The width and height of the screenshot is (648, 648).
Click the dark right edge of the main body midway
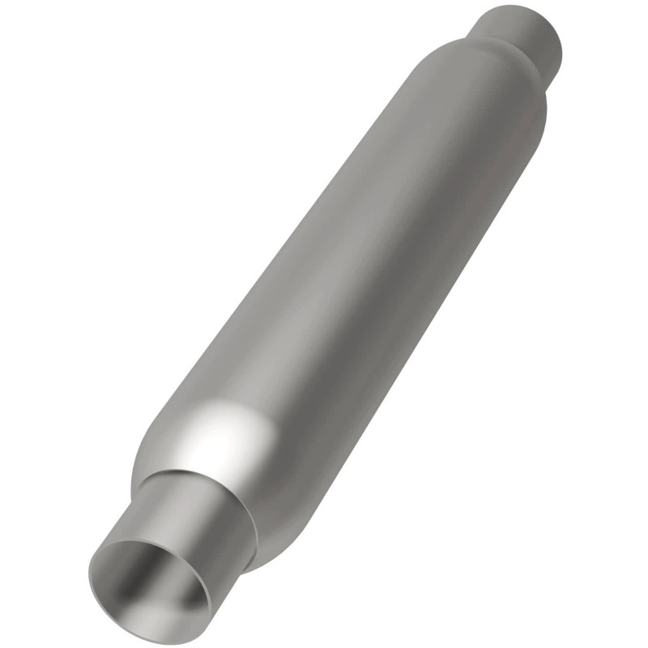tap(421, 324)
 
